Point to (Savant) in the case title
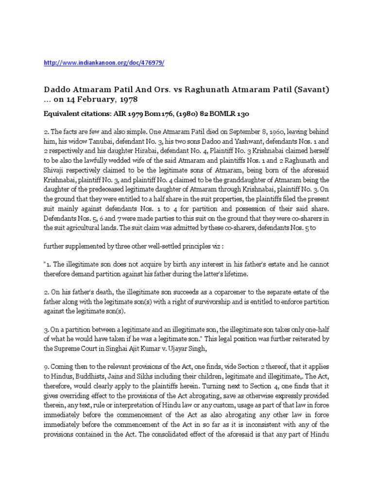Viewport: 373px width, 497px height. coord(309,90)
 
